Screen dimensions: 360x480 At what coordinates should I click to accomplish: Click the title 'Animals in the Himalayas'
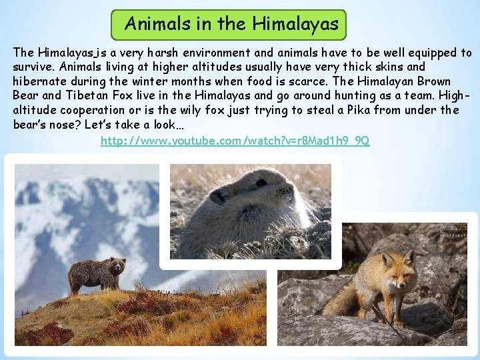(x=232, y=25)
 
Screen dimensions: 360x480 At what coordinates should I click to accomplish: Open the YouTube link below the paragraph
(x=235, y=141)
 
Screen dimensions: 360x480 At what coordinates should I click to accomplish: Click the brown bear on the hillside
(x=96, y=273)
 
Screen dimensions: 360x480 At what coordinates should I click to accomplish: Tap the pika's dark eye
(x=218, y=197)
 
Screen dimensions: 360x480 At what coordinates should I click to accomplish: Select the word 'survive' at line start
(x=34, y=67)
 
